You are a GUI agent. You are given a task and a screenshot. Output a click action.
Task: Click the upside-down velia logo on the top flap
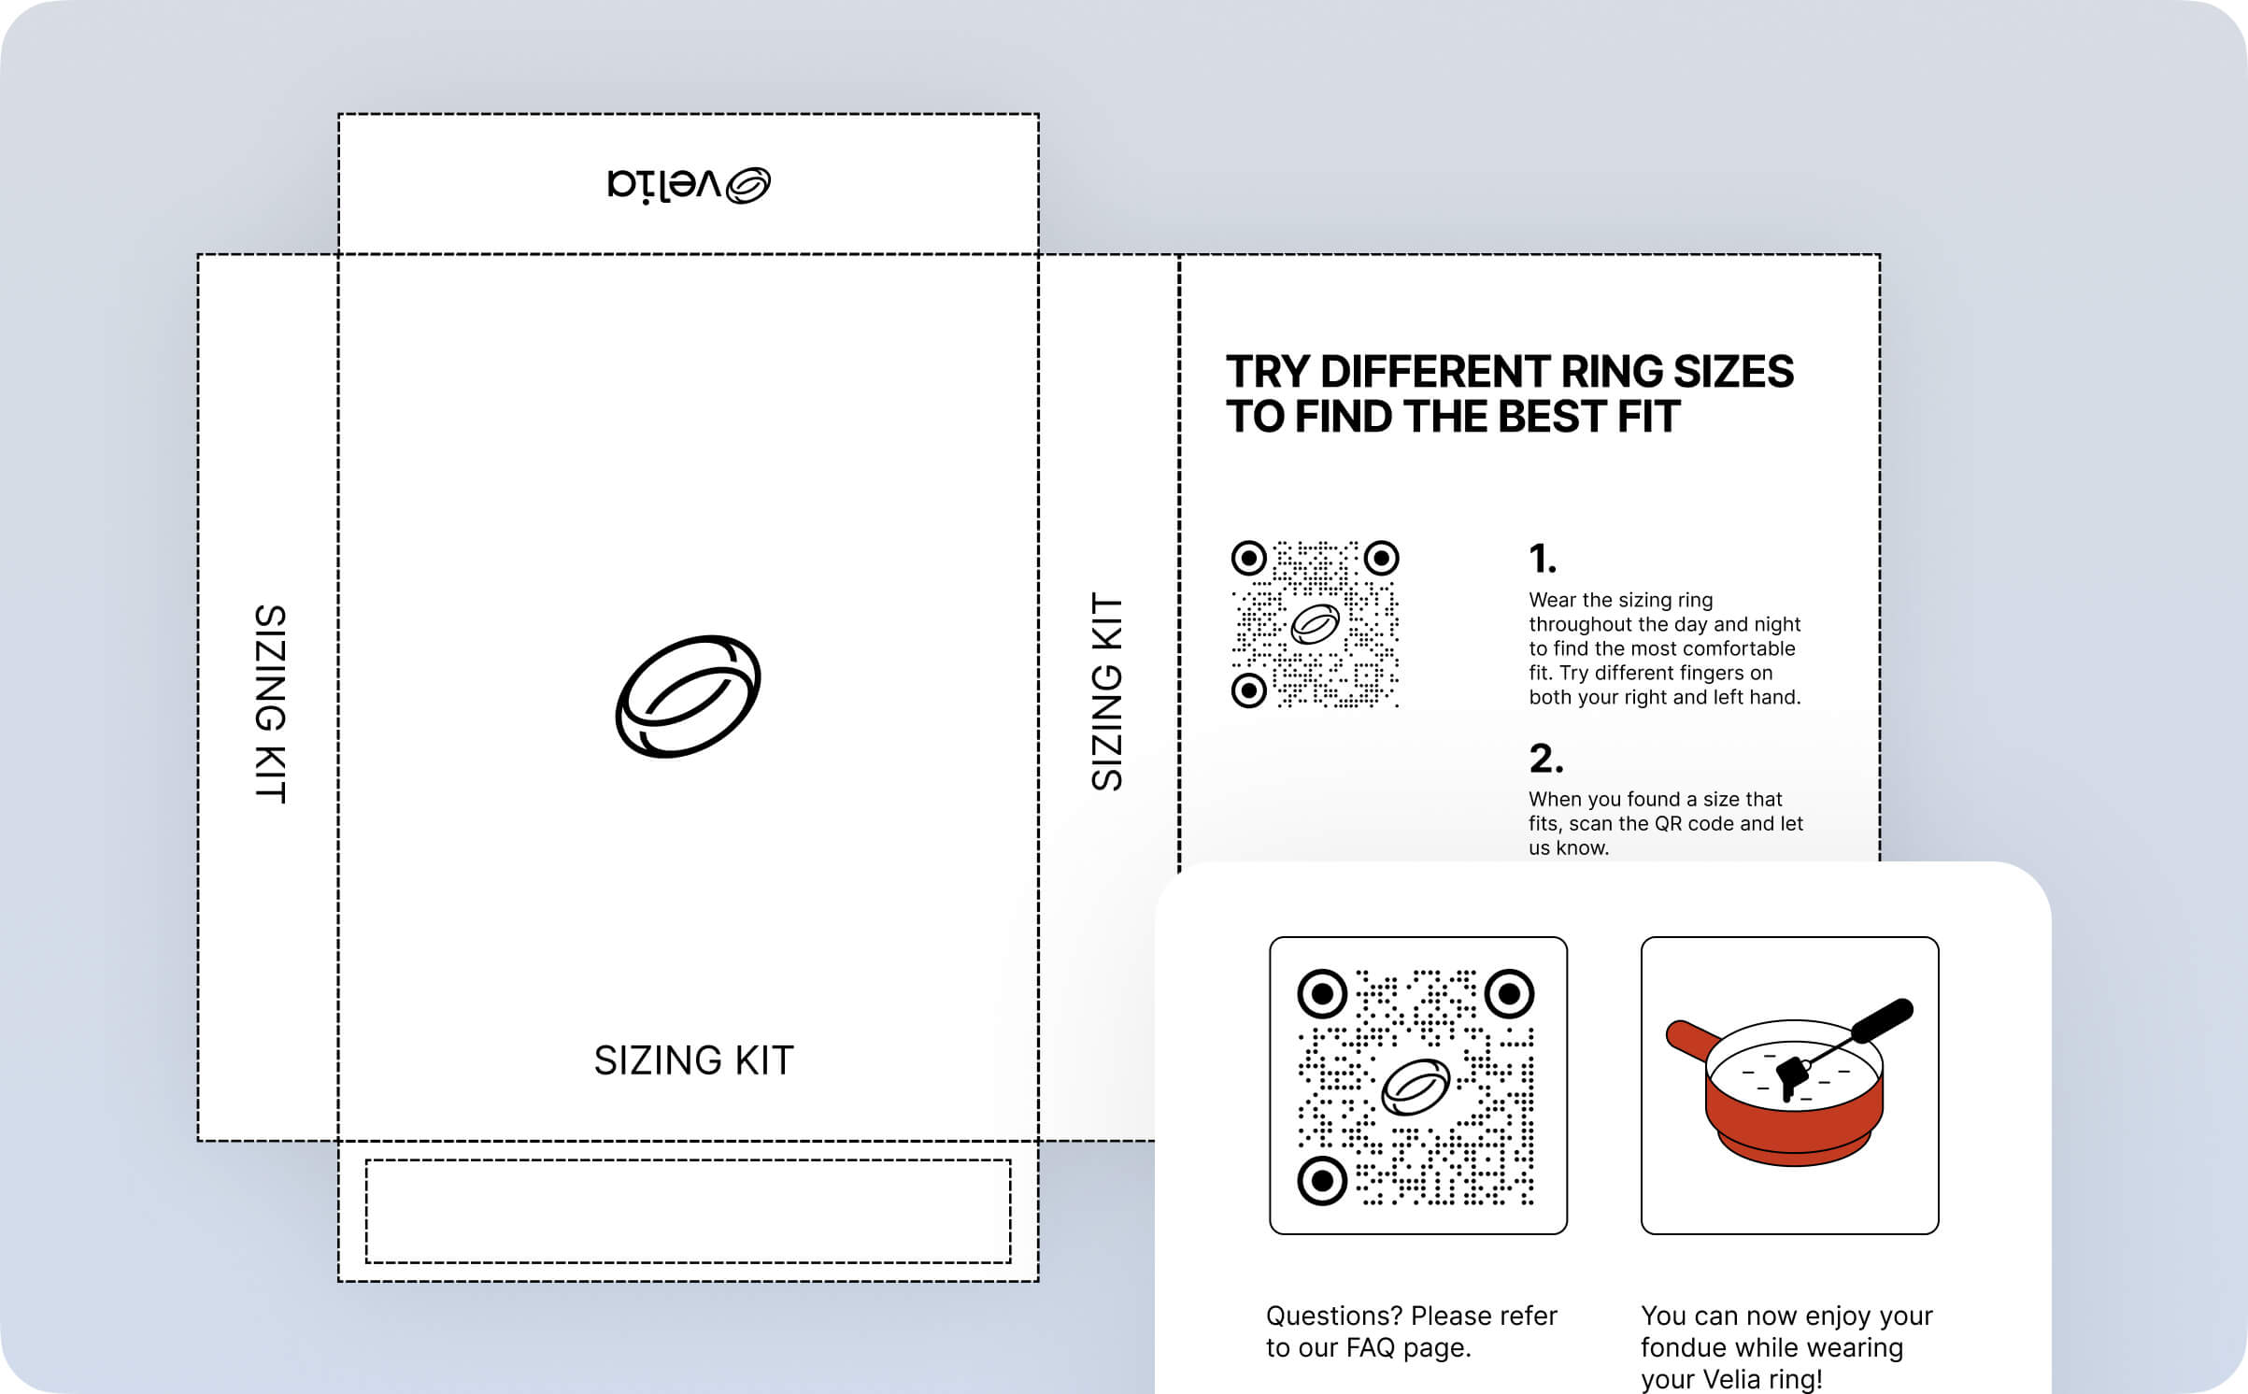pyautogui.click(x=689, y=184)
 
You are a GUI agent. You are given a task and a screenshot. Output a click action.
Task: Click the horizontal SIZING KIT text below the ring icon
pyautogui.click(x=693, y=1060)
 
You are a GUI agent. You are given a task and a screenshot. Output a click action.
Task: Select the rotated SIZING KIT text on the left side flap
pyautogui.click(x=270, y=703)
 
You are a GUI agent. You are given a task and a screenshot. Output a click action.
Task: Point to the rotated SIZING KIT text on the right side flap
pyautogui.click(x=1107, y=691)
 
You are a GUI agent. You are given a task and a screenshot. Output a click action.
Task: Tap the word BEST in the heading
pyautogui.click(x=1551, y=417)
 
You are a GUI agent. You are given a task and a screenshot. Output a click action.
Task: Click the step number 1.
pyautogui.click(x=1542, y=559)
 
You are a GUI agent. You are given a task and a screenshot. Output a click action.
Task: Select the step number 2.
pyautogui.click(x=1545, y=758)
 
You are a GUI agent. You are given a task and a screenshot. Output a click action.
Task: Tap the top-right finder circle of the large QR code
pyautogui.click(x=1510, y=993)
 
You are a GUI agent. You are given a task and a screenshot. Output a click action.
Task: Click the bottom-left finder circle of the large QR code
pyautogui.click(x=1322, y=1181)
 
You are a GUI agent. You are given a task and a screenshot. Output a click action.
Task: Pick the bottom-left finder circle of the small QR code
pyautogui.click(x=1248, y=690)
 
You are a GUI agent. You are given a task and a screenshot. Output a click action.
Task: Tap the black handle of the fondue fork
pyautogui.click(x=1882, y=1020)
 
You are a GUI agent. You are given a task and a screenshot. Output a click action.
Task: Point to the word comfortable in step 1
pyautogui.click(x=1742, y=648)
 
